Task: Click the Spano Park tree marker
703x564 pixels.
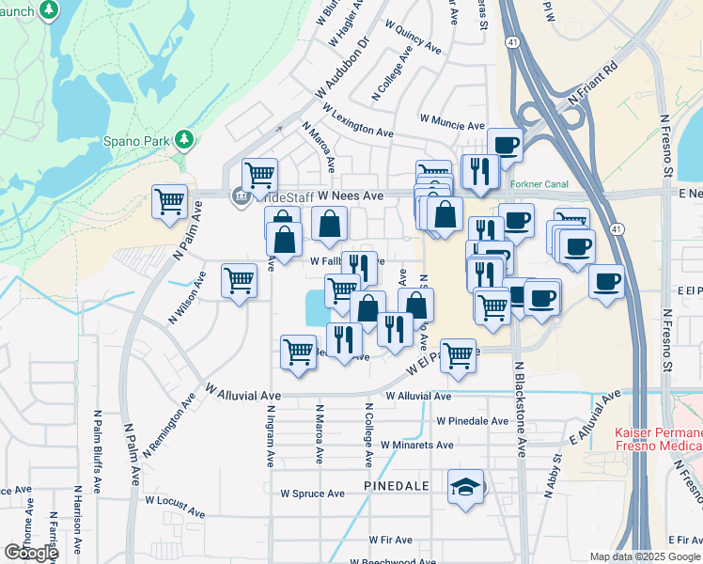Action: pyautogui.click(x=185, y=140)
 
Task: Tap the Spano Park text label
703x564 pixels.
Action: pyautogui.click(x=136, y=142)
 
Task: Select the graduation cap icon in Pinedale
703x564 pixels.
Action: pyautogui.click(x=464, y=487)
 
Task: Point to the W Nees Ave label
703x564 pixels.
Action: pyautogui.click(x=351, y=196)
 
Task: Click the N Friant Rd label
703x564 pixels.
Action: pyautogui.click(x=591, y=83)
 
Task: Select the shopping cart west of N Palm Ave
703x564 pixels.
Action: pyautogui.click(x=169, y=200)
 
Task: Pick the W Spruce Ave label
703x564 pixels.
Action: pyautogui.click(x=313, y=493)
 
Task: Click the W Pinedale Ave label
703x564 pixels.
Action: pyautogui.click(x=472, y=420)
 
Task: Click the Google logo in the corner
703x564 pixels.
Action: pyautogui.click(x=31, y=553)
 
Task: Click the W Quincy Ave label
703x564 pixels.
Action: pyautogui.click(x=414, y=39)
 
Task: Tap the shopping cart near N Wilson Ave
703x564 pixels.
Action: pyautogui.click(x=239, y=279)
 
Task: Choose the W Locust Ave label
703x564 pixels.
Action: pyautogui.click(x=169, y=507)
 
